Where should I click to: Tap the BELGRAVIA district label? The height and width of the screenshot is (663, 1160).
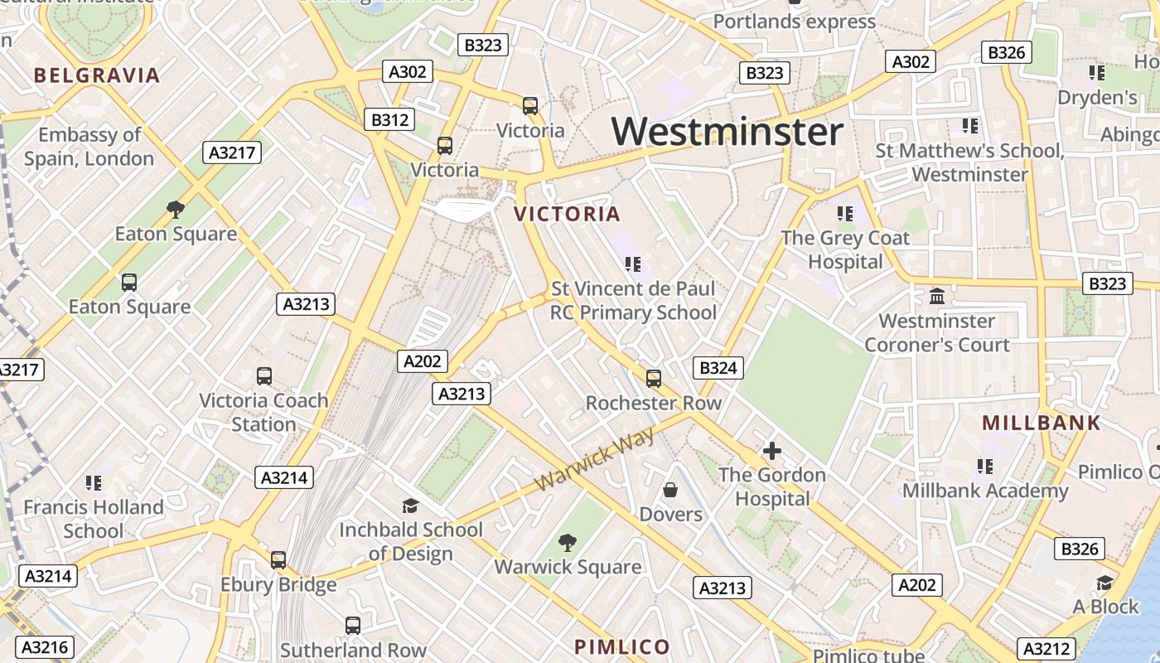(x=97, y=75)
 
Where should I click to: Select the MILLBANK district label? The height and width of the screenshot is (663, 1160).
(x=1042, y=423)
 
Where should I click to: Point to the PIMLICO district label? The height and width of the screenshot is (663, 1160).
(x=622, y=646)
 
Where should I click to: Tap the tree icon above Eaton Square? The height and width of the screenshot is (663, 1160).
(x=175, y=209)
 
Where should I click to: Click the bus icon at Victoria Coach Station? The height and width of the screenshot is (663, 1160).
(x=264, y=376)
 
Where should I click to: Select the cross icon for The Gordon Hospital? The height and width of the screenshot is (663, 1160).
(x=772, y=451)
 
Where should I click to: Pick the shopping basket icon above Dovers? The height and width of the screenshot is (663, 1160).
(x=670, y=490)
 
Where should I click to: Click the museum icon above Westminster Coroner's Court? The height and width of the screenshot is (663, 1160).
(x=937, y=296)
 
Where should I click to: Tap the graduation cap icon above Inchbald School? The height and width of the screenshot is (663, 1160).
(x=410, y=506)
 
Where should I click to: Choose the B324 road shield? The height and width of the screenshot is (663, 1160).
(x=718, y=368)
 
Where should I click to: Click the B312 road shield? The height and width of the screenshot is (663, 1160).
(x=389, y=120)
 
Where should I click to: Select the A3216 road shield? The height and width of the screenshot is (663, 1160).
(x=45, y=647)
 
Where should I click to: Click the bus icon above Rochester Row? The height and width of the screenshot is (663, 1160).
(x=654, y=379)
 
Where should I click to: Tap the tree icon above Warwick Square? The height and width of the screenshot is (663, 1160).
(x=568, y=543)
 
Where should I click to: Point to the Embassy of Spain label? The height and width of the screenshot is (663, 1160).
(x=89, y=147)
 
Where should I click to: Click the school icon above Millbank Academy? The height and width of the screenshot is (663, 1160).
(x=984, y=467)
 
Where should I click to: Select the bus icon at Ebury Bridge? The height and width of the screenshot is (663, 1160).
(x=278, y=560)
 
